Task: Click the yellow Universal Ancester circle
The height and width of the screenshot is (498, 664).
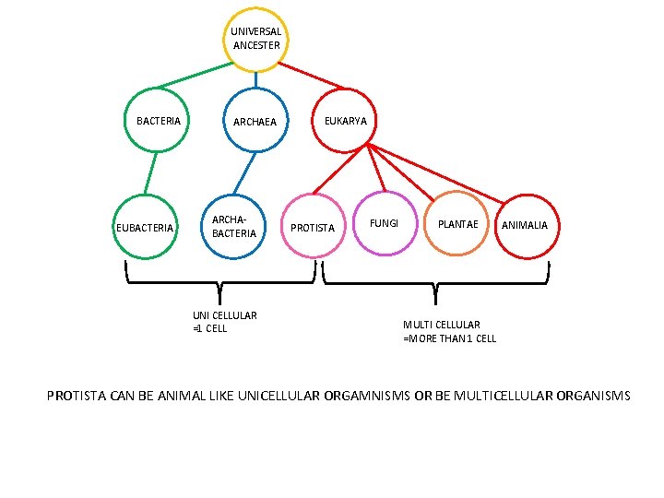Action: tap(255, 40)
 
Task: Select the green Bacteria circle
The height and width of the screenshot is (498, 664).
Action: tap(158, 121)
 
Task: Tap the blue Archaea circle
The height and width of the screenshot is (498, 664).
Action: tap(255, 121)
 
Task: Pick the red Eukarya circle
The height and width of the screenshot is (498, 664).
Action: tap(344, 121)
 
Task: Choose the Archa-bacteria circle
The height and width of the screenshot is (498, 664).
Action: tap(234, 226)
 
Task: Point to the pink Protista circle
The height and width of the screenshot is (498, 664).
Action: tap(313, 226)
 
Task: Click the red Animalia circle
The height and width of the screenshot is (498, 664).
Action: tap(525, 225)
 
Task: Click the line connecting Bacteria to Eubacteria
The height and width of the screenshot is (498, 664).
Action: tap(151, 173)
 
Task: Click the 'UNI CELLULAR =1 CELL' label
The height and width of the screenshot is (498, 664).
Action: tap(224, 322)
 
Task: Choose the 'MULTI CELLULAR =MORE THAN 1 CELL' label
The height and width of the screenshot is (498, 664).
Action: tap(449, 331)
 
